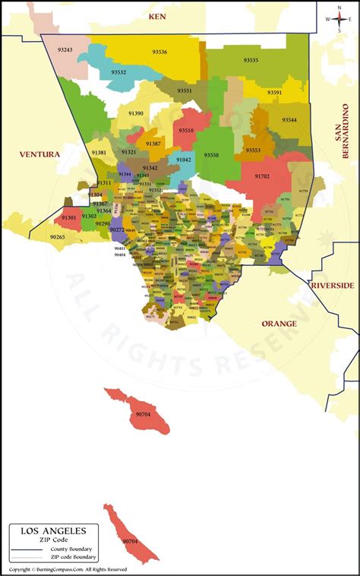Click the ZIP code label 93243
pyautogui.click(x=65, y=50)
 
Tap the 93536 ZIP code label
pyautogui.click(x=159, y=52)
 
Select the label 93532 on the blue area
pyautogui.click(x=119, y=72)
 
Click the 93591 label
pyautogui.click(x=274, y=93)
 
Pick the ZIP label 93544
pyautogui.click(x=289, y=120)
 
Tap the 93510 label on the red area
pyautogui.click(x=186, y=131)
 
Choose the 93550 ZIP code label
pyautogui.click(x=212, y=155)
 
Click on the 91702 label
pyautogui.click(x=262, y=176)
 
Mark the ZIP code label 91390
pyautogui.click(x=136, y=113)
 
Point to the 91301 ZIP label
pyautogui.click(x=69, y=217)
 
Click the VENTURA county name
pyautogui.click(x=39, y=154)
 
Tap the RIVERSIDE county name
pyautogui.click(x=332, y=285)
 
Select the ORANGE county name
pyautogui.click(x=279, y=324)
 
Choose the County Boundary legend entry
pyautogui.click(x=71, y=549)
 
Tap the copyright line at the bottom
pyautogui.click(x=68, y=569)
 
